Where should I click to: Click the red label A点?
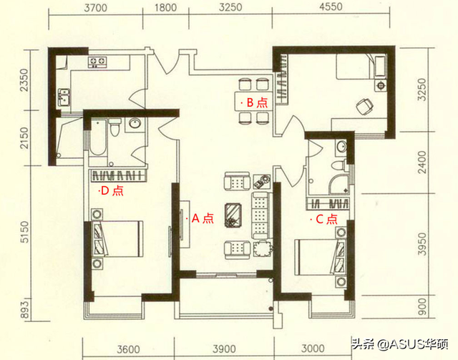pos(202,219)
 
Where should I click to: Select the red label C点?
pos(326,220)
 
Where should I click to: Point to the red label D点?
pos(112,191)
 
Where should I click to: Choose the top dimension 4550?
pos(335,9)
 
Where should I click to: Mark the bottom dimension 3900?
pos(225,349)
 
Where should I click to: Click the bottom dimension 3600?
pos(130,349)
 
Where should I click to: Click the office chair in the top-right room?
pos(365,106)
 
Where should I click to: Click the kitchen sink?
pos(64,95)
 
